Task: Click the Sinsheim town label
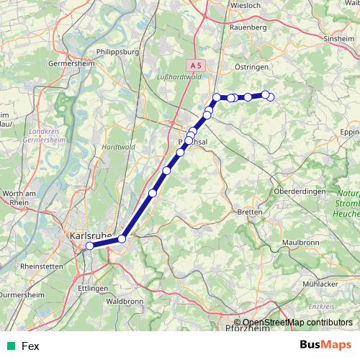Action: [341, 38]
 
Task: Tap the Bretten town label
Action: [249, 213]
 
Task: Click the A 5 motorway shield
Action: [199, 64]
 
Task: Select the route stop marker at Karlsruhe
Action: [89, 246]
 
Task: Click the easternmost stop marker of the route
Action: [270, 96]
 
